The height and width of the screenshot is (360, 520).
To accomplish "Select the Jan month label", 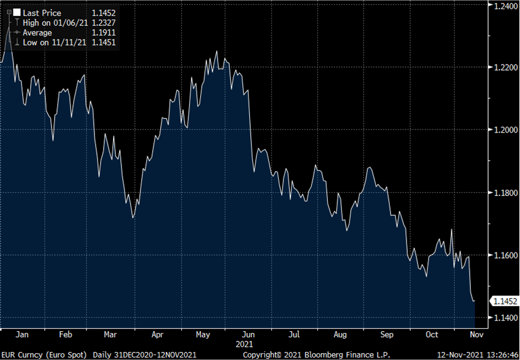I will coord(21,335).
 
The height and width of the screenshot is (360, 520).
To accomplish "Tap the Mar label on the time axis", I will coord(111,335).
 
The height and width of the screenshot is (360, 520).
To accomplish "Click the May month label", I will coord(203,335).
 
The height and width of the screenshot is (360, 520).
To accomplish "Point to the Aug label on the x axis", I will coord(341,335).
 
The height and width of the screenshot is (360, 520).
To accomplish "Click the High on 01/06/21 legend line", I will coord(52,23).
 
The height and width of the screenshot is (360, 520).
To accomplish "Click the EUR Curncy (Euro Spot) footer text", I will coord(44,354).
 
